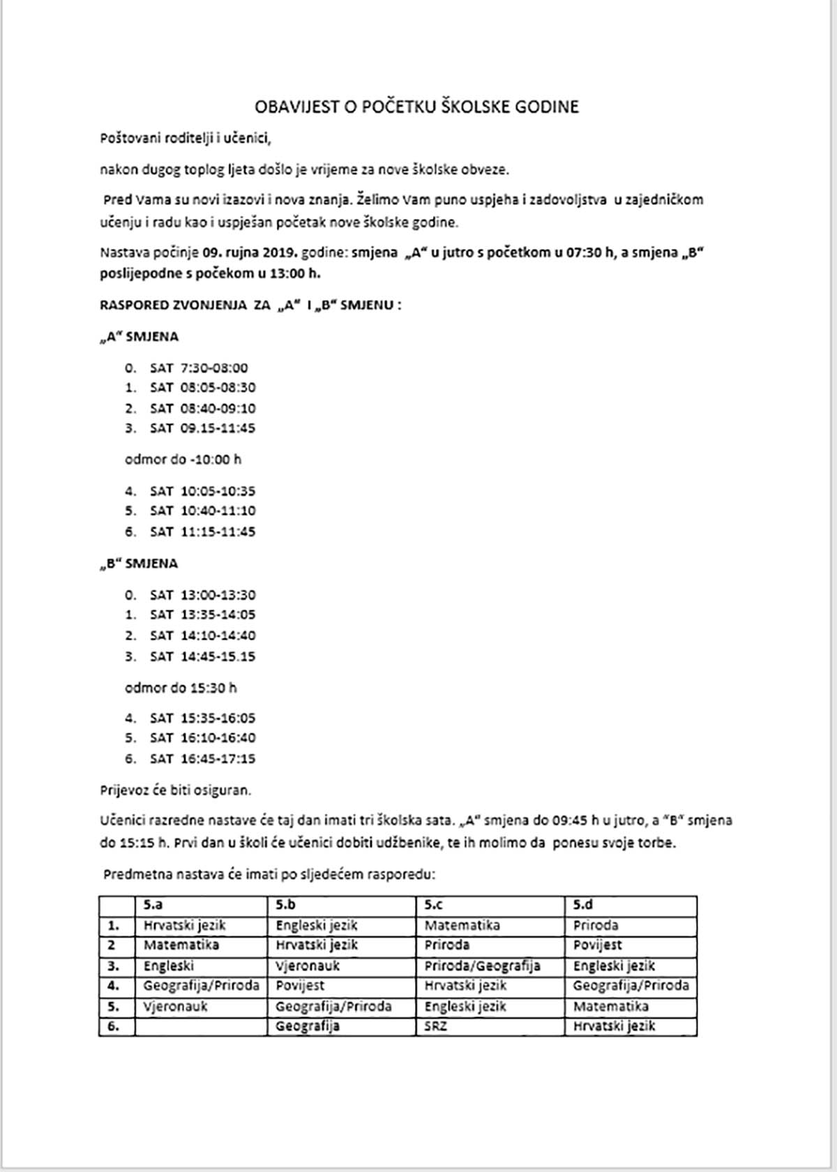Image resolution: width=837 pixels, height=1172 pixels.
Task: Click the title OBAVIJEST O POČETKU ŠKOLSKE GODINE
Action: point(416,107)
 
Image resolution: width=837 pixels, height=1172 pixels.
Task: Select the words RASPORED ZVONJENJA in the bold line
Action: point(172,305)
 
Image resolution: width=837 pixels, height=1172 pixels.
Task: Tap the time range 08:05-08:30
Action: point(218,388)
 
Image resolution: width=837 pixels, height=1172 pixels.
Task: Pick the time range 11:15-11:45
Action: point(218,532)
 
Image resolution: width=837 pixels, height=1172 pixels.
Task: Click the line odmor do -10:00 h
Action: point(183,460)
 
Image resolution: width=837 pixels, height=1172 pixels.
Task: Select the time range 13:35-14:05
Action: point(218,615)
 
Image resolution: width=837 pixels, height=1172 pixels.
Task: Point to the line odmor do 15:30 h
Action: point(181,688)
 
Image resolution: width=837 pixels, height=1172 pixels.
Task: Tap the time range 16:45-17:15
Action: point(218,758)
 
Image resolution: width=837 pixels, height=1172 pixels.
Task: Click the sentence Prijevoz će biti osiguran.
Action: point(175,790)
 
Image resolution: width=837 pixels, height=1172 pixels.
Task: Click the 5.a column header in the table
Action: point(153,905)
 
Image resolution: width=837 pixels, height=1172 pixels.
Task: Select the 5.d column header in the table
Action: point(583,905)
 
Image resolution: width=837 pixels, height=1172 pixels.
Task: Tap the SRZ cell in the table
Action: point(436,1026)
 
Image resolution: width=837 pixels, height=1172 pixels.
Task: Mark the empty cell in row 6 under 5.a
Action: point(201,1026)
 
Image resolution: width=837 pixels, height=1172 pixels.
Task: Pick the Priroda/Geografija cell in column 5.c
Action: point(482,966)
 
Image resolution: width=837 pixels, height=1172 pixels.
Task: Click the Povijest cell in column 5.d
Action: point(598,945)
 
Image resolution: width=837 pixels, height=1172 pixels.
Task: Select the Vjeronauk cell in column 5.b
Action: point(308,966)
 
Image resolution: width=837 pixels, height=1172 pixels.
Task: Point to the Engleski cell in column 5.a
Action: point(169,966)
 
